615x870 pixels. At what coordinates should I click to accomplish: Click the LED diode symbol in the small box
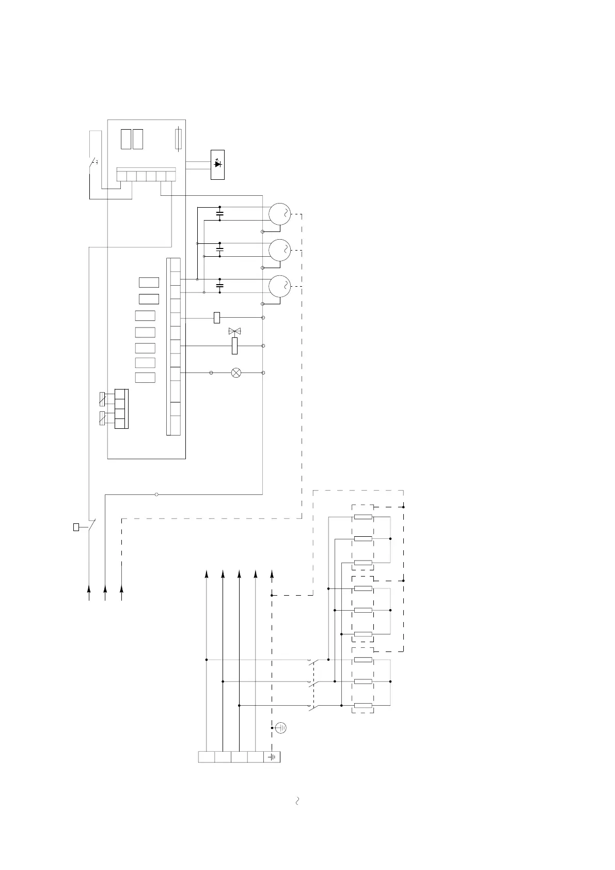click(x=217, y=164)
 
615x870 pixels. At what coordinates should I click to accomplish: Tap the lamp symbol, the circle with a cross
click(x=236, y=372)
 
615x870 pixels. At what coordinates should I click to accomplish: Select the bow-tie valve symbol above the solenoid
click(x=235, y=331)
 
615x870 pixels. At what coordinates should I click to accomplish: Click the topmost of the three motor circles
click(x=279, y=213)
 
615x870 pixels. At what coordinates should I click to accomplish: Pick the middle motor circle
click(x=279, y=250)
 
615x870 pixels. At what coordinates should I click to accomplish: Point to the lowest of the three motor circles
click(x=279, y=286)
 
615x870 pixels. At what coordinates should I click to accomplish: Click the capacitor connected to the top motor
click(x=220, y=213)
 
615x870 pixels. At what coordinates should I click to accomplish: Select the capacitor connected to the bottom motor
click(x=220, y=286)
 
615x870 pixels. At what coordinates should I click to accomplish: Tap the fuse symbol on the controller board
click(x=178, y=139)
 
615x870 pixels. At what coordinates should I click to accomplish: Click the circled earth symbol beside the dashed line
click(x=281, y=728)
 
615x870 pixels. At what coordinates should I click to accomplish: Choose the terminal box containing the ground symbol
click(x=272, y=757)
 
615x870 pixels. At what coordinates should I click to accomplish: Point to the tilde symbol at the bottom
click(x=297, y=801)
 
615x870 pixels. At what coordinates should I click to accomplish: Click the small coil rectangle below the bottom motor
click(x=217, y=317)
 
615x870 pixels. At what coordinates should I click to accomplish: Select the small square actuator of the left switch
click(x=76, y=527)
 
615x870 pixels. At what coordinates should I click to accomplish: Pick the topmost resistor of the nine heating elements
click(x=363, y=517)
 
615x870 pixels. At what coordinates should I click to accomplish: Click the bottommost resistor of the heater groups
click(x=363, y=706)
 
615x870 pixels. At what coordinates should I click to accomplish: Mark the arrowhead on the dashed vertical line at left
click(x=122, y=589)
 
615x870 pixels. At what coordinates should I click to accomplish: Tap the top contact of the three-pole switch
click(x=312, y=661)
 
